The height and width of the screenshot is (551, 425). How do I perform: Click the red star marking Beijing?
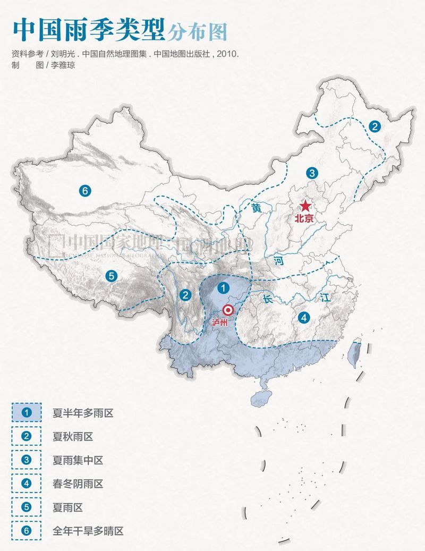[305, 206]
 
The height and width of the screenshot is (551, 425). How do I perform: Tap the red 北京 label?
[305, 218]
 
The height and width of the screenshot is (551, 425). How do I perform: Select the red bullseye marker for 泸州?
[229, 310]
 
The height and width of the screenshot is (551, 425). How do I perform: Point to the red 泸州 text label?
[219, 323]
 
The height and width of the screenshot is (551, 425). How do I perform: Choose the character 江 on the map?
[325, 298]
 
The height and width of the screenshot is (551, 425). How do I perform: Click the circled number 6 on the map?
[84, 190]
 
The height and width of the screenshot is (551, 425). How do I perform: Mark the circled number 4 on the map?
[303, 318]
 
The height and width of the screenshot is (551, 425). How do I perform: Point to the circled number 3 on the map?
[311, 172]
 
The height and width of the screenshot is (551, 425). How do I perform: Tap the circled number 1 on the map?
[224, 288]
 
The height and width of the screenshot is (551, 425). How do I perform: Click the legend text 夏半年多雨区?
[83, 413]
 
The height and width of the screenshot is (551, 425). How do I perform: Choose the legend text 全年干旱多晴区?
[88, 531]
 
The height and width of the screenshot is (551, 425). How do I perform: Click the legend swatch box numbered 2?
[27, 436]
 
